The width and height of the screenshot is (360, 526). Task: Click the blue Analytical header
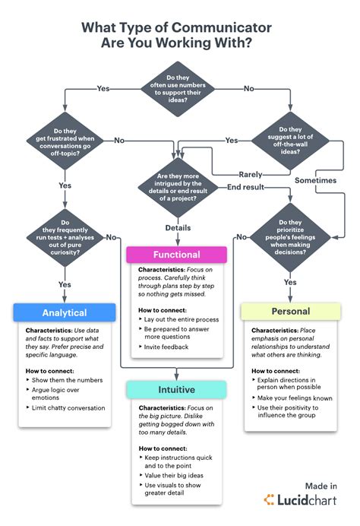point(64,312)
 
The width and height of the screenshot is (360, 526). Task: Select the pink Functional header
point(176,255)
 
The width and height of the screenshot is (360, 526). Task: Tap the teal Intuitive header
point(175,390)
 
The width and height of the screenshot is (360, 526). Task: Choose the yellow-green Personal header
point(291,311)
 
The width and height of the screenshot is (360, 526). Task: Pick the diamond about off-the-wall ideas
point(292,140)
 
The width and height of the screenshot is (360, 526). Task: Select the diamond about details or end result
point(177,188)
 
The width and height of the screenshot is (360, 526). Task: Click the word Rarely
point(251,174)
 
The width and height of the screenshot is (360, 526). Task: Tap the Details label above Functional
point(177,227)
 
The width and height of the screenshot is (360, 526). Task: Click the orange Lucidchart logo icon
point(269,500)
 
